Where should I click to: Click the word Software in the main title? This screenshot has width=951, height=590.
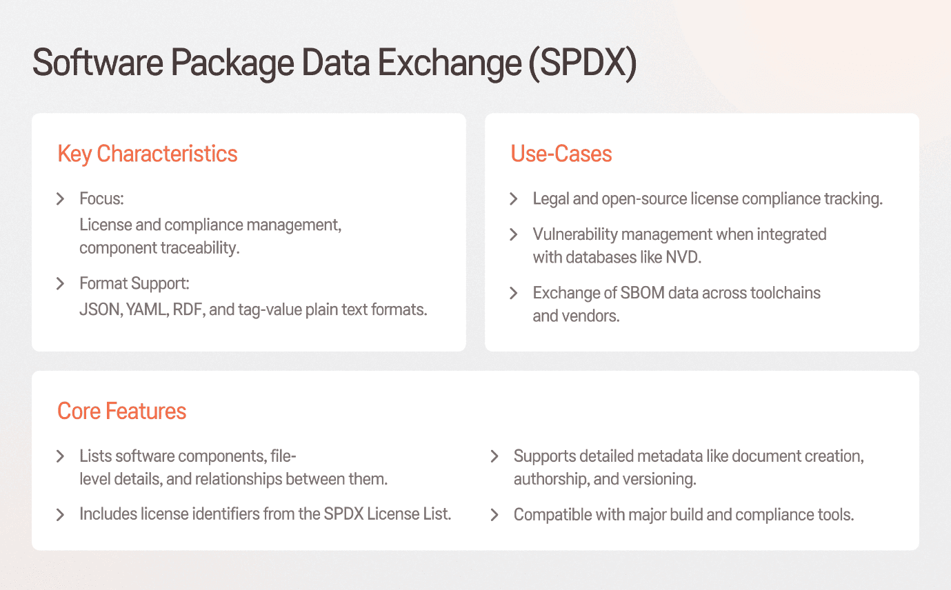[96, 63]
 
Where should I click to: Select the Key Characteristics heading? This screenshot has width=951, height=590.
[148, 154]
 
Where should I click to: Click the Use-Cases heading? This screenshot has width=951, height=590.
[561, 154]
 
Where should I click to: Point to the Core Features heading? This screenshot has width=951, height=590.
[122, 411]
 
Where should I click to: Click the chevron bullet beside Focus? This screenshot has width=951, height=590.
[61, 199]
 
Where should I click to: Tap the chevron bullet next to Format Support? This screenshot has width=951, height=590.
[61, 283]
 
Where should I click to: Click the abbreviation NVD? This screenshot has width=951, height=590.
[684, 258]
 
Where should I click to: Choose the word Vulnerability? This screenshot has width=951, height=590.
[574, 234]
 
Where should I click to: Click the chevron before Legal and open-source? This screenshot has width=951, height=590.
[514, 199]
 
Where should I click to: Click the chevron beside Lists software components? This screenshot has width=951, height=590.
[61, 456]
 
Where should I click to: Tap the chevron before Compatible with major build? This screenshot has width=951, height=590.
[494, 515]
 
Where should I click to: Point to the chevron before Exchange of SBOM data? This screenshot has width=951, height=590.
[514, 293]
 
